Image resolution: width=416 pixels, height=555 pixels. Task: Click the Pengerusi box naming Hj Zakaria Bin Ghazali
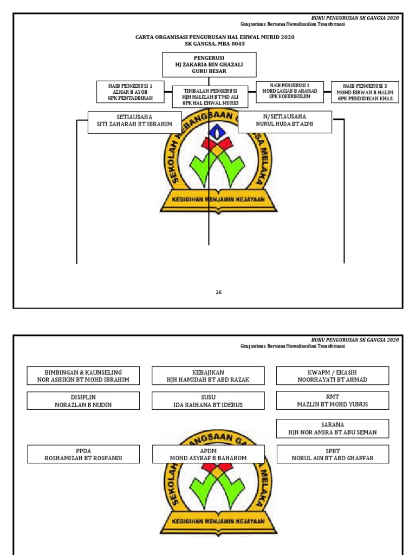tap(209, 64)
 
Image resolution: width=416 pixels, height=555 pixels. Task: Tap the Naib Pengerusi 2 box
tap(289, 92)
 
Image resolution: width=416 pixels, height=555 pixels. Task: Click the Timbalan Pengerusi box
tap(210, 96)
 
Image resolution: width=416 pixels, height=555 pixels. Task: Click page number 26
tap(218, 292)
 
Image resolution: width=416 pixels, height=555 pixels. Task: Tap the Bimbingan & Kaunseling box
tap(83, 376)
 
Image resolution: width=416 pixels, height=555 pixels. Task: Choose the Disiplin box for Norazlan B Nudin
tap(83, 401)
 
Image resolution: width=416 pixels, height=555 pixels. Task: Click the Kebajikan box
tap(208, 376)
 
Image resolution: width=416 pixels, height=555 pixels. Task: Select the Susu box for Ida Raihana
tap(208, 401)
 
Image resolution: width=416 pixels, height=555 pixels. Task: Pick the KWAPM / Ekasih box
tap(333, 375)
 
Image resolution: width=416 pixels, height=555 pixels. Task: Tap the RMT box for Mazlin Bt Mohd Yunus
tap(333, 400)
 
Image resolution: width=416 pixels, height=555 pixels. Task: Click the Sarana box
tap(333, 428)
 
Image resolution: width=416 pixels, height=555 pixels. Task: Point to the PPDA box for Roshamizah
tap(83, 454)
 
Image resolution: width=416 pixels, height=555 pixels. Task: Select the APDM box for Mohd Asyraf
tap(208, 454)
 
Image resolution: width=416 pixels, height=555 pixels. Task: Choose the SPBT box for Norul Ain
tap(333, 454)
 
